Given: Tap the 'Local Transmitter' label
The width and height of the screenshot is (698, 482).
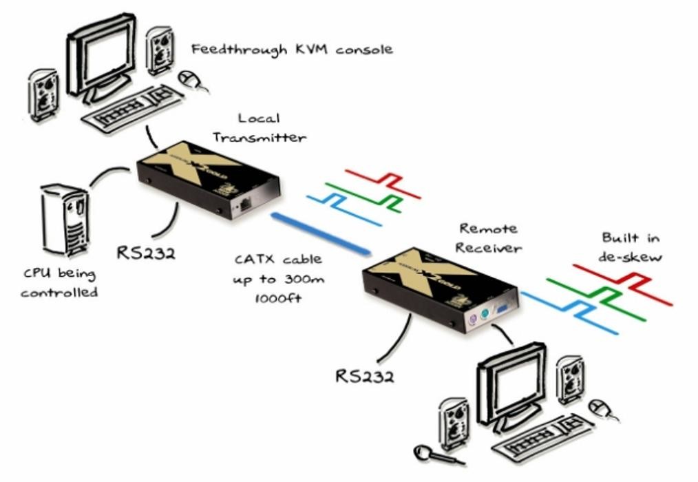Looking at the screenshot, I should click(259, 128).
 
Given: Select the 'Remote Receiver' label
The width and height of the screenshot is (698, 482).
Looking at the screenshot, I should click(488, 238).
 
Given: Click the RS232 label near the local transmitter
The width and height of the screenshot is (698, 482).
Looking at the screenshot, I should click(145, 252).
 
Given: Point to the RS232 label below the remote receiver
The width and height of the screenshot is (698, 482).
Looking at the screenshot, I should click(365, 376).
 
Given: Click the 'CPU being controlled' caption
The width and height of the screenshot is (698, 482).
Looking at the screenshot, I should click(59, 282).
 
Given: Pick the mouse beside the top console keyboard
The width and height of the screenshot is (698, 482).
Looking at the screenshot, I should click(191, 79).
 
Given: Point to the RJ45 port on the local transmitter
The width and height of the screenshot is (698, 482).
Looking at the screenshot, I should click(245, 204).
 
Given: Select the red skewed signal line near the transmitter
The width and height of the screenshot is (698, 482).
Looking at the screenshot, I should click(382, 180).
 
